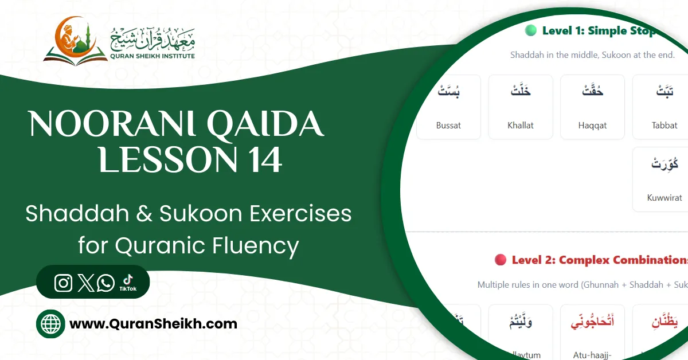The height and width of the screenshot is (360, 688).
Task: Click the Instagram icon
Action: (x=64, y=283)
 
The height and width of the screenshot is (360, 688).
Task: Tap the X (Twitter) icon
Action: (x=85, y=283)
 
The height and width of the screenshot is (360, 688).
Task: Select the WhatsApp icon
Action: (x=106, y=283)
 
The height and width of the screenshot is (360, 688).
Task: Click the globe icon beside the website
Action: (x=50, y=324)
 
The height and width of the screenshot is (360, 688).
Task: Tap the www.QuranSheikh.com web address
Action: (x=153, y=324)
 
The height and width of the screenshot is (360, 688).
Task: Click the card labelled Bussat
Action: (x=448, y=107)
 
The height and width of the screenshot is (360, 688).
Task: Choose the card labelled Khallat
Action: (x=521, y=107)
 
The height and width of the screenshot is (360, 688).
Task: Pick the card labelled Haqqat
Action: (x=592, y=107)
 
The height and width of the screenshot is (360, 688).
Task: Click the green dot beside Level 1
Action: (x=530, y=31)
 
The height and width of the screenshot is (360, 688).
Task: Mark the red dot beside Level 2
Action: (x=500, y=260)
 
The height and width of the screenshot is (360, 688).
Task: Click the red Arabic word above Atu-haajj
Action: (x=592, y=322)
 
